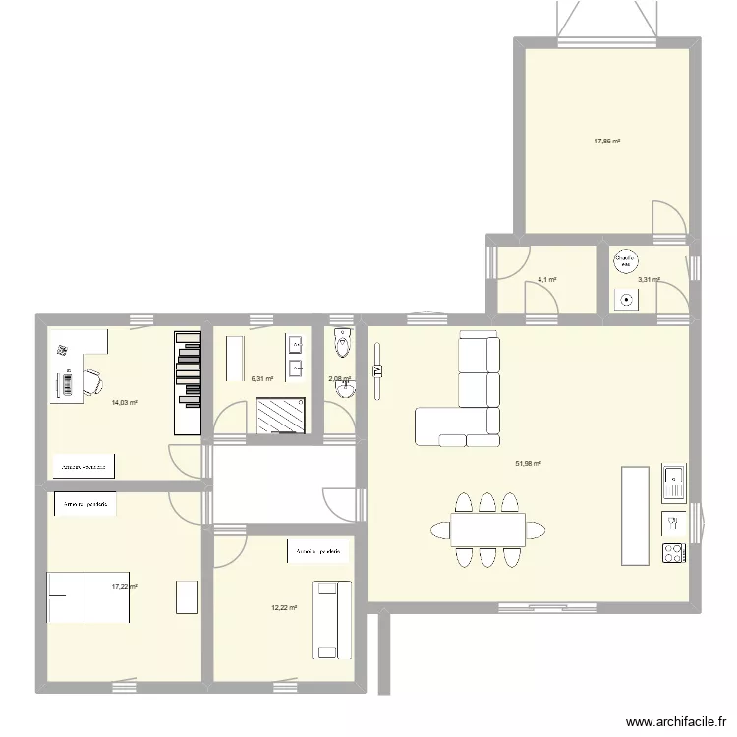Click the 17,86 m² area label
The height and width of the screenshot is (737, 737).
click(607, 142)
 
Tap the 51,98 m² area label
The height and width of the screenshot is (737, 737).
click(529, 464)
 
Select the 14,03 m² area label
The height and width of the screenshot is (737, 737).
click(124, 403)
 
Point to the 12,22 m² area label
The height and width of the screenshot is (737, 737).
click(285, 608)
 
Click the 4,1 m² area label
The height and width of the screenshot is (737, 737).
click(546, 280)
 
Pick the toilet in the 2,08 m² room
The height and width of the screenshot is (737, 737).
click(342, 343)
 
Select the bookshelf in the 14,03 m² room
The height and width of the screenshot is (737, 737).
click(187, 382)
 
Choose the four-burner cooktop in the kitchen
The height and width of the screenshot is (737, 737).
click(673, 553)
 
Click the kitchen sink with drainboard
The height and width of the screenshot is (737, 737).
click(673, 482)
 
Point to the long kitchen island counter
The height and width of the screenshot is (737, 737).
click(635, 515)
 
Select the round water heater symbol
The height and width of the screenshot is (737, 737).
click(624, 261)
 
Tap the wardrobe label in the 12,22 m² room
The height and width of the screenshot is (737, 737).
click(316, 553)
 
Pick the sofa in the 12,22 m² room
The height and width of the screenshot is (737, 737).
click(326, 619)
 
